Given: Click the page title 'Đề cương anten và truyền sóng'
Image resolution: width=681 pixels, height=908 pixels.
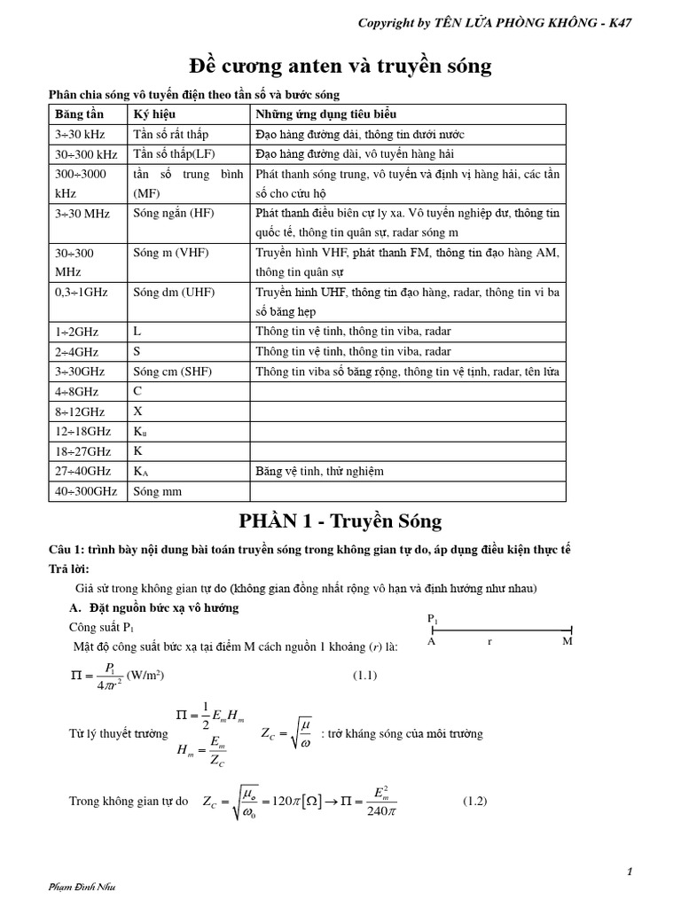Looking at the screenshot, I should click(x=341, y=67).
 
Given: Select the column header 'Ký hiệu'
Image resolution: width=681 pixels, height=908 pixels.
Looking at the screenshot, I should click(x=154, y=114).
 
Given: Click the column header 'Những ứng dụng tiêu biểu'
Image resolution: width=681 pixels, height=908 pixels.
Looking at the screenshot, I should click(x=326, y=114).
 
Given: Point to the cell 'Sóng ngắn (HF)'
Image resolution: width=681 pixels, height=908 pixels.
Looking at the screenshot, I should click(x=174, y=213).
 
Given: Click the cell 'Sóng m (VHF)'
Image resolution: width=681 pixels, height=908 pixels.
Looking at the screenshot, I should click(x=171, y=253).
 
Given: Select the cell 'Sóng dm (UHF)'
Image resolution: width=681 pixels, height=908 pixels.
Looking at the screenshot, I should click(x=174, y=292).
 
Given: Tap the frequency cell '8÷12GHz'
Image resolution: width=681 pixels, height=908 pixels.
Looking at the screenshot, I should click(x=80, y=411).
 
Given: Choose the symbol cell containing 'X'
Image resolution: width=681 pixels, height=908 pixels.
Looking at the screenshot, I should click(x=137, y=411).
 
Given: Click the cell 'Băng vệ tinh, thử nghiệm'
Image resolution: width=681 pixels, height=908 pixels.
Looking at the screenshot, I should click(x=319, y=471).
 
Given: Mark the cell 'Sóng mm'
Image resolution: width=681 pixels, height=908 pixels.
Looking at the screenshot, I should click(x=157, y=490).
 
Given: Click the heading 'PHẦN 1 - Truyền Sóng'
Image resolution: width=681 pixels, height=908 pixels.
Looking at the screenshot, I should click(x=340, y=520).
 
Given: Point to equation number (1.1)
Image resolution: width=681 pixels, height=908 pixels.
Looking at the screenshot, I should click(x=365, y=675).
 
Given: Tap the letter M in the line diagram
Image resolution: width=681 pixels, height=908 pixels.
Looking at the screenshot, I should click(x=567, y=641).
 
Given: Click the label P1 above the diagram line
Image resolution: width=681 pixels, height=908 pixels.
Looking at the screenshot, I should click(x=432, y=617).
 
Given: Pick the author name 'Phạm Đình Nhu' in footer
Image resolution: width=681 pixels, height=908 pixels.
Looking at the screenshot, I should click(x=82, y=887).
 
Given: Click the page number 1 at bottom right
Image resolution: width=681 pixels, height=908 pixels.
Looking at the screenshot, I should click(x=629, y=872).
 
